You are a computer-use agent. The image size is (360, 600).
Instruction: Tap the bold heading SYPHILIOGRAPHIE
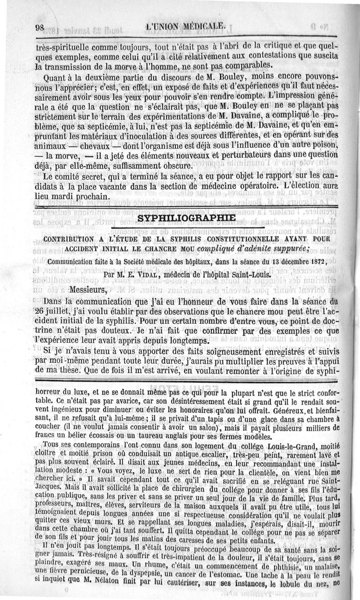186,218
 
